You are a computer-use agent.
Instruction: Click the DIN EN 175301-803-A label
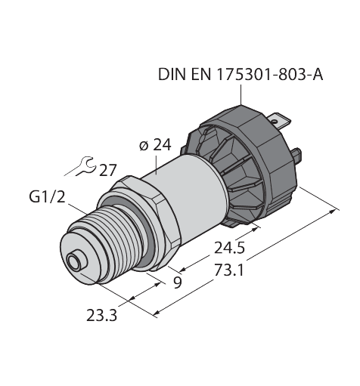click(239, 75)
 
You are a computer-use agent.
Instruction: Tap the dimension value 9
click(177, 284)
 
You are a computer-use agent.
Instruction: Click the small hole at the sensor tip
click(74, 261)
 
